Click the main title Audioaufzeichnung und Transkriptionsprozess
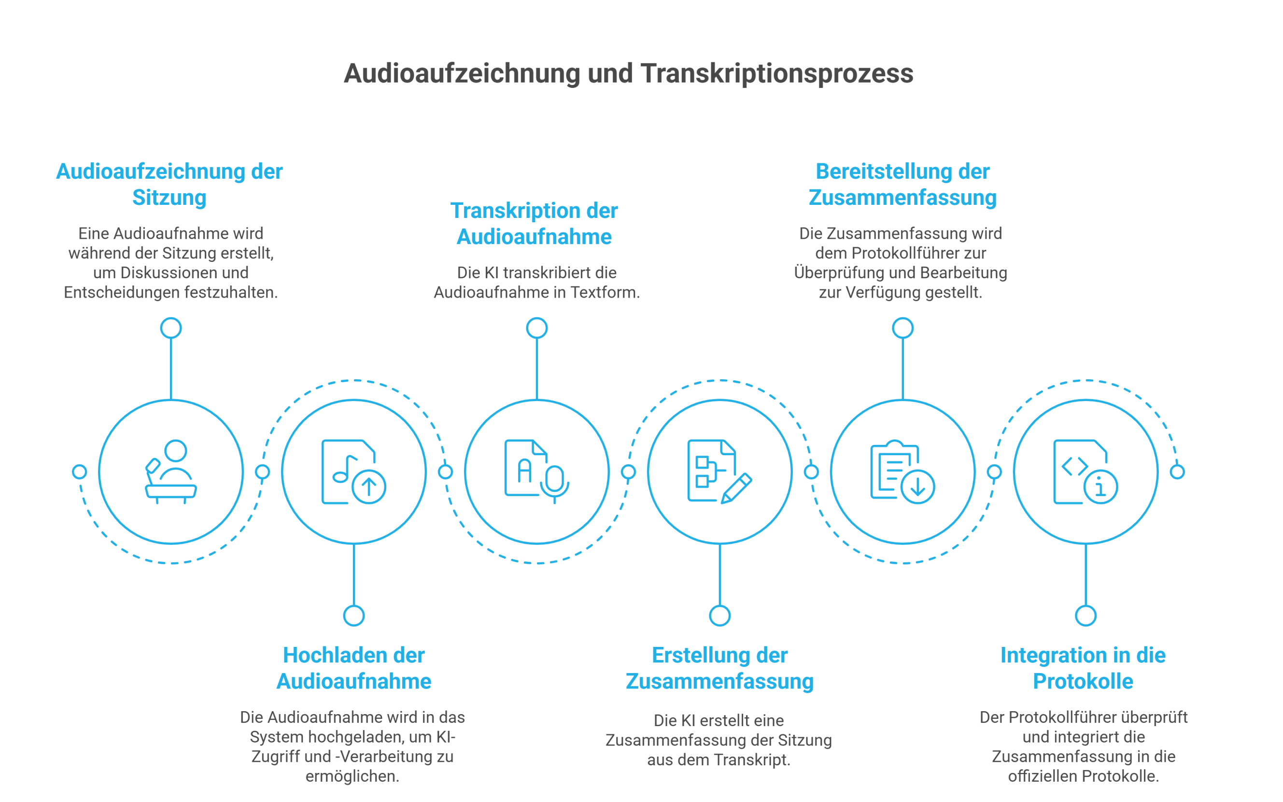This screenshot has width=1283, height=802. coord(628,73)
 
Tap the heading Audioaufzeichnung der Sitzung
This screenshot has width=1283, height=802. coord(169,185)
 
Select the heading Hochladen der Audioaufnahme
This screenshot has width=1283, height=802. coord(353,668)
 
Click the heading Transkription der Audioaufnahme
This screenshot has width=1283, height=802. coord(535,224)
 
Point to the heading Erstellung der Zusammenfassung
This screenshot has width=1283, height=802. coord(719,668)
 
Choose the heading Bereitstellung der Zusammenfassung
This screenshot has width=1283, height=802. coord(902,185)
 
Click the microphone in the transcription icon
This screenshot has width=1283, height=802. coord(554,482)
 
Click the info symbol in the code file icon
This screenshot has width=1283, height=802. coord(1100,487)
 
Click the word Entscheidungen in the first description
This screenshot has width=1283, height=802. coord(122,292)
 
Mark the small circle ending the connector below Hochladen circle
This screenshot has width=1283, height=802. coord(353,616)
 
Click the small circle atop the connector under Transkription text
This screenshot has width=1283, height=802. coord(536,328)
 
